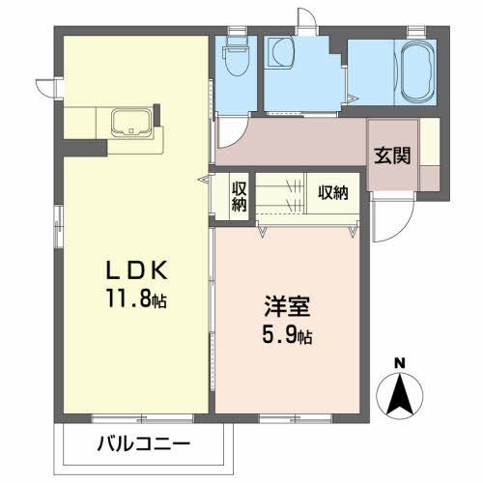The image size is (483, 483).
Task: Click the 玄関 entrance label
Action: click(392, 155)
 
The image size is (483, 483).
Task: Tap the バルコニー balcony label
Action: click(144, 445)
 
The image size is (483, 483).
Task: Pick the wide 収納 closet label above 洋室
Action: click(333, 191)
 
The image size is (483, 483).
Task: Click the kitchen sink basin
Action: click(129, 123)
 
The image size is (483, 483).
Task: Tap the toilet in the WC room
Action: click(235, 60)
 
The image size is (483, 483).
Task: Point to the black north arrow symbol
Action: click(403, 393)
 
